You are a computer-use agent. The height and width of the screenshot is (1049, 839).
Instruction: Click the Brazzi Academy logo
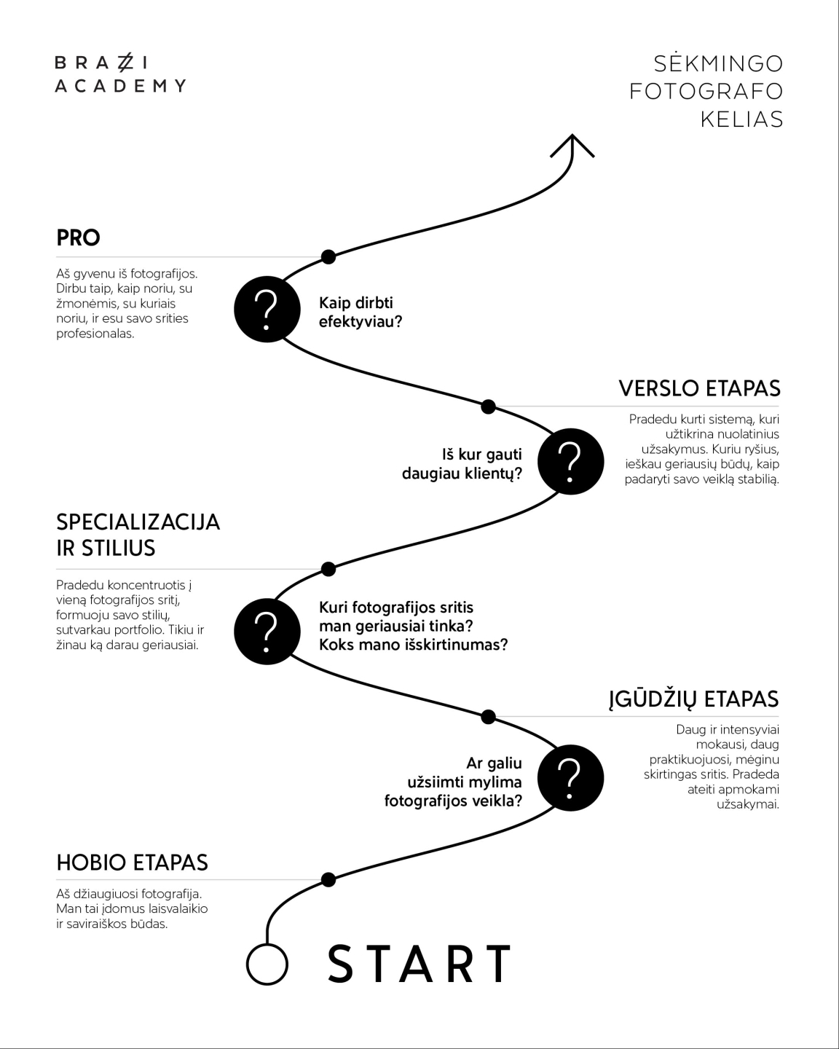coord(120,74)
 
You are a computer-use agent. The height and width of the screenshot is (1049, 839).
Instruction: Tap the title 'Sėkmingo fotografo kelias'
coord(706,91)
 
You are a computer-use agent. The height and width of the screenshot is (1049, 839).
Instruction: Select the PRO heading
coord(79,237)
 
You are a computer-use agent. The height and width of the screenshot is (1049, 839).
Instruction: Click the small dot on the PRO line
coord(328,256)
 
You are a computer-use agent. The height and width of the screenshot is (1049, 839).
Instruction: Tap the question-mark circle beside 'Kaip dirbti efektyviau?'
coord(267,309)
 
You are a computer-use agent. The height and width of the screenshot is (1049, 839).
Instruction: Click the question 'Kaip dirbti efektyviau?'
coord(361,312)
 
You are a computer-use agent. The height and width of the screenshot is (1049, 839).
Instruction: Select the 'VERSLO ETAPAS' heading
coord(699,388)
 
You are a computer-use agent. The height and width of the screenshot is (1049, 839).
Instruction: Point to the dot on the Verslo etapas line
coord(489,406)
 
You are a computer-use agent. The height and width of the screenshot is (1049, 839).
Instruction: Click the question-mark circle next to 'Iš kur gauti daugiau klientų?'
coord(570,462)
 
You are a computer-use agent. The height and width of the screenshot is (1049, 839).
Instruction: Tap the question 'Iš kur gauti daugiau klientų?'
coord(462,464)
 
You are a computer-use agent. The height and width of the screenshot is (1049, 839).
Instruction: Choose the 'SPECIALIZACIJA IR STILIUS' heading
coord(138,535)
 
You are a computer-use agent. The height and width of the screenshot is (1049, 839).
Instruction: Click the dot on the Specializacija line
coord(328,568)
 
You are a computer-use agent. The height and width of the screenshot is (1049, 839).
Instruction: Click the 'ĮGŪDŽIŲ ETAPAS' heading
coord(693,699)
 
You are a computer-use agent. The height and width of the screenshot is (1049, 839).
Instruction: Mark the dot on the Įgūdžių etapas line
coord(489,717)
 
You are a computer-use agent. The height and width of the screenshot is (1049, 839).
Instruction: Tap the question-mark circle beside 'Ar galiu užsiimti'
coord(570,778)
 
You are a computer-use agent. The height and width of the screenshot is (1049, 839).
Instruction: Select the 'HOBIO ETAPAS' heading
coord(132,863)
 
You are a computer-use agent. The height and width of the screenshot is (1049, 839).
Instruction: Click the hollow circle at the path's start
coord(267,964)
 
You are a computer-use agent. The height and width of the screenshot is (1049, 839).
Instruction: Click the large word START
coord(419,964)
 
